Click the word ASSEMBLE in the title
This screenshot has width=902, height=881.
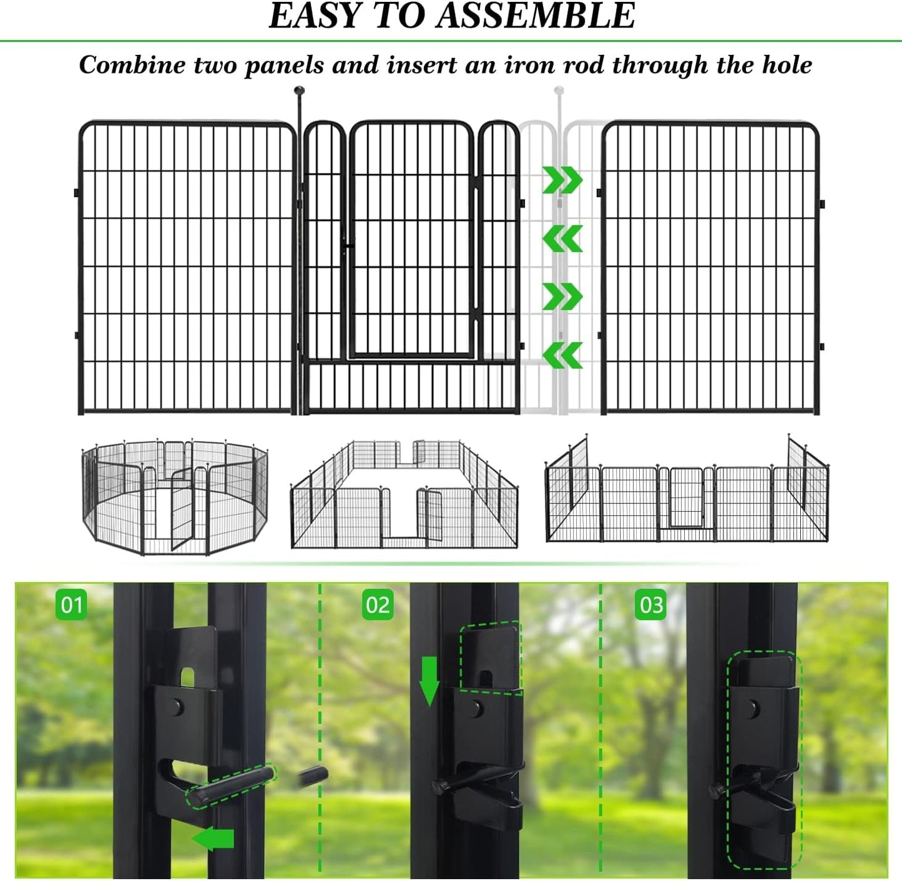pos(536,16)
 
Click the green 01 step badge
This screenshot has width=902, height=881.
pos(72,605)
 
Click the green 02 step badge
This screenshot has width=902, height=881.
pos(378,605)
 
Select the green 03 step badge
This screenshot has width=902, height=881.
pos(651,605)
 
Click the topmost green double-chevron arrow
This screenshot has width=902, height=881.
pos(562,180)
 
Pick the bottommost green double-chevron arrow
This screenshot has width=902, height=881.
pos(562,355)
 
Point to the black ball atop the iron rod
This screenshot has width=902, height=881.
pos(300,90)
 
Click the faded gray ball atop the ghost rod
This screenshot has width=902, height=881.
pos(559,90)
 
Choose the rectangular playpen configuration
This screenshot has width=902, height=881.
pos(404,496)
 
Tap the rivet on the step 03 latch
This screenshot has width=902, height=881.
pos(753,707)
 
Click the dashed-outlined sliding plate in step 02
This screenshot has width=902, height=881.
pos(491,657)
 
